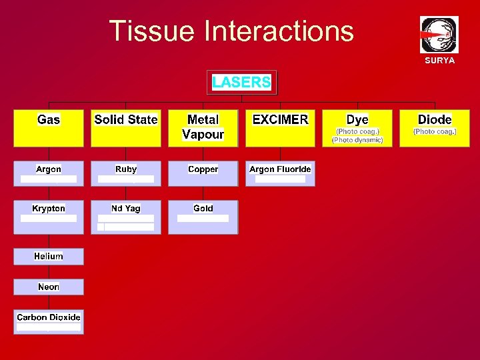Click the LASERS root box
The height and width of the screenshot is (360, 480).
click(241, 83)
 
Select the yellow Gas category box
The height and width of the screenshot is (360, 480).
click(49, 128)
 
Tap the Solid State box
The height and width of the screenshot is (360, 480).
click(126, 128)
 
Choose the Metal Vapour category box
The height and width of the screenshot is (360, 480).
click(203, 128)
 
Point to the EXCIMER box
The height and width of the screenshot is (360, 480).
click(280, 128)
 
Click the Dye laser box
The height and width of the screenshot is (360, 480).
click(357, 128)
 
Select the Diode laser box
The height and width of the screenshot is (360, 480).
click(435, 128)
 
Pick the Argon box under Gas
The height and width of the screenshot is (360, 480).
click(49, 173)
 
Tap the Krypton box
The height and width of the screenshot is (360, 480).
click(49, 217)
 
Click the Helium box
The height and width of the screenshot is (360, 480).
click(49, 257)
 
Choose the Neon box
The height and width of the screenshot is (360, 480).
click(49, 287)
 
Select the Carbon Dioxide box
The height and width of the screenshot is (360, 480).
click(49, 321)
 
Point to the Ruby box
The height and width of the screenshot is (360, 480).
click(126, 173)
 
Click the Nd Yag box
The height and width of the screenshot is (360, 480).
click(126, 217)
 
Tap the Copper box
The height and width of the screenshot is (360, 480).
click(203, 173)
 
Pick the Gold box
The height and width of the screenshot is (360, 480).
click(203, 217)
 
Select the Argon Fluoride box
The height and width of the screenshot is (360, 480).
click(280, 173)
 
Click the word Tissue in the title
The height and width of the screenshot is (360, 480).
click(153, 31)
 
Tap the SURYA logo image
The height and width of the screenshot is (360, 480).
click(439, 35)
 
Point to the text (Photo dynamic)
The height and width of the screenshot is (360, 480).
click(357, 140)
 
